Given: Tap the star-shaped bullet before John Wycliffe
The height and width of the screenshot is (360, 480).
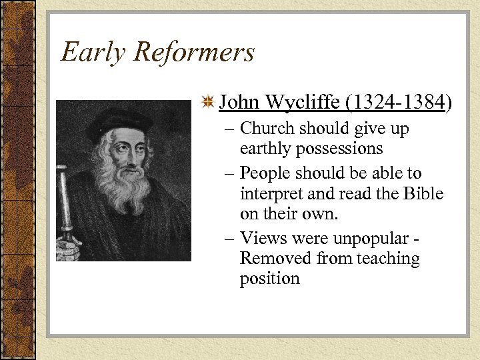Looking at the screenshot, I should pos(208,103).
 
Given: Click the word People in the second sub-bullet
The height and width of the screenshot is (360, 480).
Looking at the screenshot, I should pos(267,173).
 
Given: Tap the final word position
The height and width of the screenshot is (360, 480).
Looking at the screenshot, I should pos(270,278).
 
